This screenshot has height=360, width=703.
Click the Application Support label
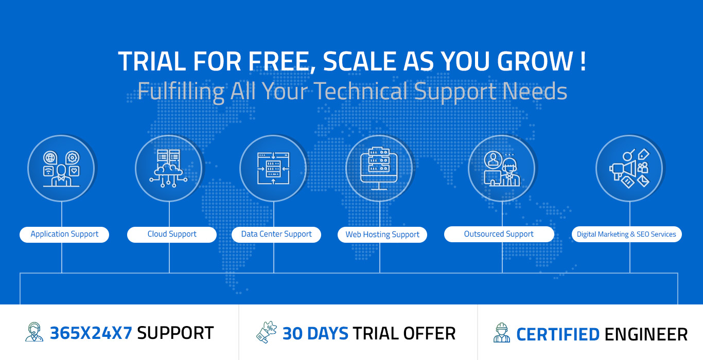click(64, 235)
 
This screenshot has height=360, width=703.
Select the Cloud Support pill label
click(172, 235)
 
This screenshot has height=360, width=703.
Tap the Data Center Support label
click(276, 235)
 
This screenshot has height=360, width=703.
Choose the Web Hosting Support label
click(382, 235)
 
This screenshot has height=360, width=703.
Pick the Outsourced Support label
click(499, 235)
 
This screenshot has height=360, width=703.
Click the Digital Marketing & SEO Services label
click(626, 235)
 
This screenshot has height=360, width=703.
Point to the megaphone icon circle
click(629, 168)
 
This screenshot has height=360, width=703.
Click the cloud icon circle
click(168, 168)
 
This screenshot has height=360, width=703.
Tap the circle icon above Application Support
click(61, 168)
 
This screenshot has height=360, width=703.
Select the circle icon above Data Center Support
click(273, 168)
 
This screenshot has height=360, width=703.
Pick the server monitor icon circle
click(379, 168)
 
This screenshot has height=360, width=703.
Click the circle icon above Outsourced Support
click(501, 168)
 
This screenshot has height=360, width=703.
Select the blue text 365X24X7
click(91, 333)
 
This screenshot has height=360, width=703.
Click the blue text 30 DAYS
click(315, 333)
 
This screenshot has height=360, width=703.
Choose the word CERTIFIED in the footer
click(558, 334)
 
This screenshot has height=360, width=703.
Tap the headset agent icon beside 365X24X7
click(34, 332)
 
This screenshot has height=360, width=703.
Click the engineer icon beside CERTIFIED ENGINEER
click(501, 333)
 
